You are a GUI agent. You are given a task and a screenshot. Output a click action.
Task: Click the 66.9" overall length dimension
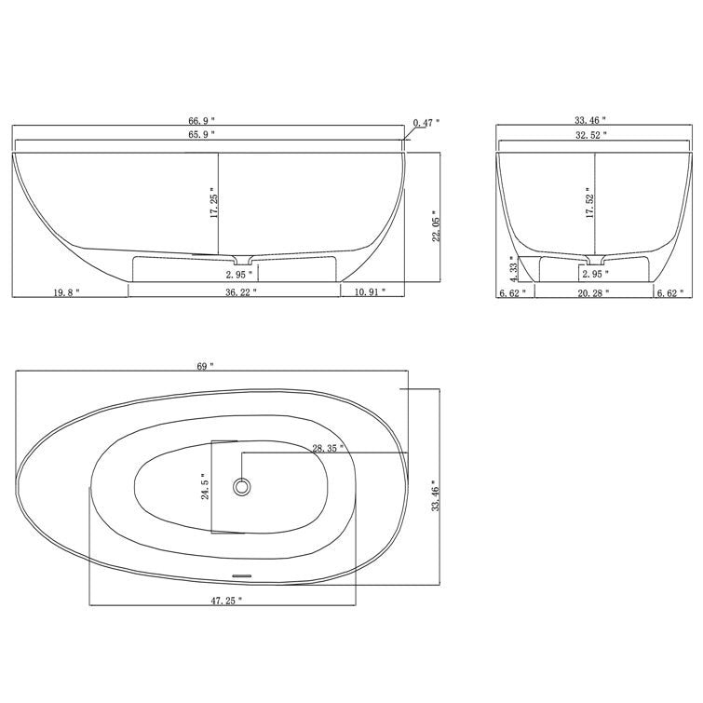pyautogui.click(x=201, y=121)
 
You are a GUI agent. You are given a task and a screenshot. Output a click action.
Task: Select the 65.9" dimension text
pyautogui.click(x=201, y=135)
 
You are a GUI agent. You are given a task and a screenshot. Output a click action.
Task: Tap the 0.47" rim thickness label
pyautogui.click(x=426, y=122)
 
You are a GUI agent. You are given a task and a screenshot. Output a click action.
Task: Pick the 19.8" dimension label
pyautogui.click(x=66, y=292)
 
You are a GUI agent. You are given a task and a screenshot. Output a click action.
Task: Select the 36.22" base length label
pyautogui.click(x=241, y=292)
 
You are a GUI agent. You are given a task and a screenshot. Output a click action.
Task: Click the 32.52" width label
pyautogui.click(x=591, y=135)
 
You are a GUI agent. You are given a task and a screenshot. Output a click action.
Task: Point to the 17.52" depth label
pyautogui.click(x=588, y=203)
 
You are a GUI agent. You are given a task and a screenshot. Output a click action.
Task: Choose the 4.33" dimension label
pyautogui.click(x=511, y=268)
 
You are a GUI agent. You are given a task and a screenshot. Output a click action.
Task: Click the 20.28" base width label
pyautogui.click(x=593, y=292)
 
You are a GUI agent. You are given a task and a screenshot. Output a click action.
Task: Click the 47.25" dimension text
pyautogui.click(x=226, y=601)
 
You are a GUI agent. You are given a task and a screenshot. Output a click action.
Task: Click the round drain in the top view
pyautogui.click(x=243, y=486)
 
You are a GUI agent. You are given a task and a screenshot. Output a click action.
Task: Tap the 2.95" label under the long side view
pyautogui.click(x=240, y=275)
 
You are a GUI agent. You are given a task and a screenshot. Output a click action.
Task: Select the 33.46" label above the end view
pyautogui.click(x=590, y=121)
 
